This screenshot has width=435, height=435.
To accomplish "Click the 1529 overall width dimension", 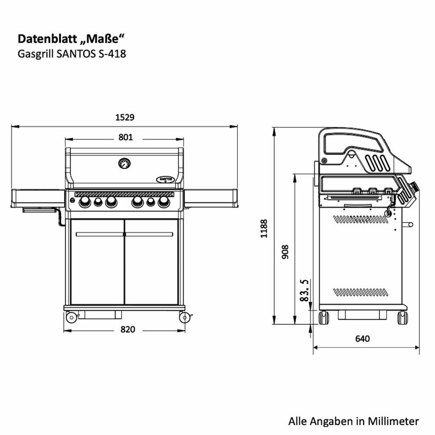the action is pyautogui.click(x=125, y=117).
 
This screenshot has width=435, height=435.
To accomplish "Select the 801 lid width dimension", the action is pyautogui.click(x=126, y=137).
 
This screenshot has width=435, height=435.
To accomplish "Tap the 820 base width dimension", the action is pyautogui.click(x=127, y=329).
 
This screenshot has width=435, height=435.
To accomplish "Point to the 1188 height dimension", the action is pyautogui.click(x=264, y=228).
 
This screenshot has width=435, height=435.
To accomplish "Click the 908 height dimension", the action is pyautogui.click(x=285, y=252).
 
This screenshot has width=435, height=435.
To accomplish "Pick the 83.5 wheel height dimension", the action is pyautogui.click(x=304, y=290).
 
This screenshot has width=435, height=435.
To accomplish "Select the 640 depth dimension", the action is pyautogui.click(x=362, y=339).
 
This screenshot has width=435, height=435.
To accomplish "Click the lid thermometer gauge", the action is pyautogui.click(x=124, y=164).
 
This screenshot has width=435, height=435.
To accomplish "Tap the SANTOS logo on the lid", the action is pyautogui.click(x=165, y=179).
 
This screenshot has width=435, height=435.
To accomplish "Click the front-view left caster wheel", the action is pyautogui.click(x=71, y=317).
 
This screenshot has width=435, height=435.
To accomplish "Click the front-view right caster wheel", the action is pyautogui.click(x=184, y=317).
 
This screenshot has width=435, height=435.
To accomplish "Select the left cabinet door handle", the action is pyautogui.click(x=100, y=234).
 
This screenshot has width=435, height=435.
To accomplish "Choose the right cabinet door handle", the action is pyautogui.click(x=149, y=234).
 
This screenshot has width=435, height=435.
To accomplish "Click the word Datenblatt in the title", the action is pyautogui.click(x=47, y=39).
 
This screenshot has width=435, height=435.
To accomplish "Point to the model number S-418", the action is pyautogui.click(x=112, y=54).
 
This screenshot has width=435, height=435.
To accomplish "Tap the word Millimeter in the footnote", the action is pyautogui.click(x=393, y=421).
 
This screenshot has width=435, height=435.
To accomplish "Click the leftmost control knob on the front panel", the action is pyautogui.click(x=85, y=202).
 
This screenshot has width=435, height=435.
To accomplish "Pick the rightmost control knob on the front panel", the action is pyautogui.click(x=164, y=202).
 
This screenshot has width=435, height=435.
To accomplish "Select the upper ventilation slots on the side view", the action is pyautogui.click(x=361, y=219).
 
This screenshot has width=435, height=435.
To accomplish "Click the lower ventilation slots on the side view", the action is pyautogui.click(x=361, y=292).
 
